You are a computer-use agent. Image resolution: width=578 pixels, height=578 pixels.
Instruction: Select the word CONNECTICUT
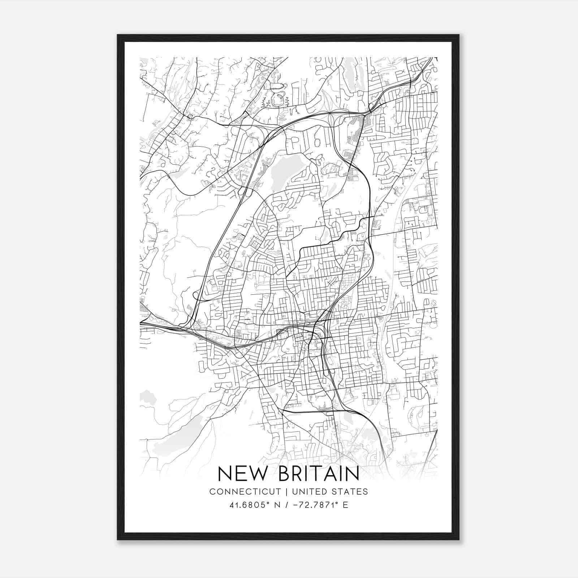click(x=245, y=491)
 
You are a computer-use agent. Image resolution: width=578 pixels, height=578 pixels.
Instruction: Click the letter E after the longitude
click(x=346, y=505)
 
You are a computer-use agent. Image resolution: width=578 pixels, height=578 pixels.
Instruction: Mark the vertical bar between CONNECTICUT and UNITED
click(x=286, y=491)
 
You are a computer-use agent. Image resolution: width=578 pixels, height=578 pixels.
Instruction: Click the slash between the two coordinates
click(x=287, y=505)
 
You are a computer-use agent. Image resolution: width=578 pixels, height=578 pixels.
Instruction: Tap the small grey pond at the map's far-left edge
click(x=146, y=397)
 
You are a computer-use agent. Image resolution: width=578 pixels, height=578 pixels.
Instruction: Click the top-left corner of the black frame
click(x=118, y=35)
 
